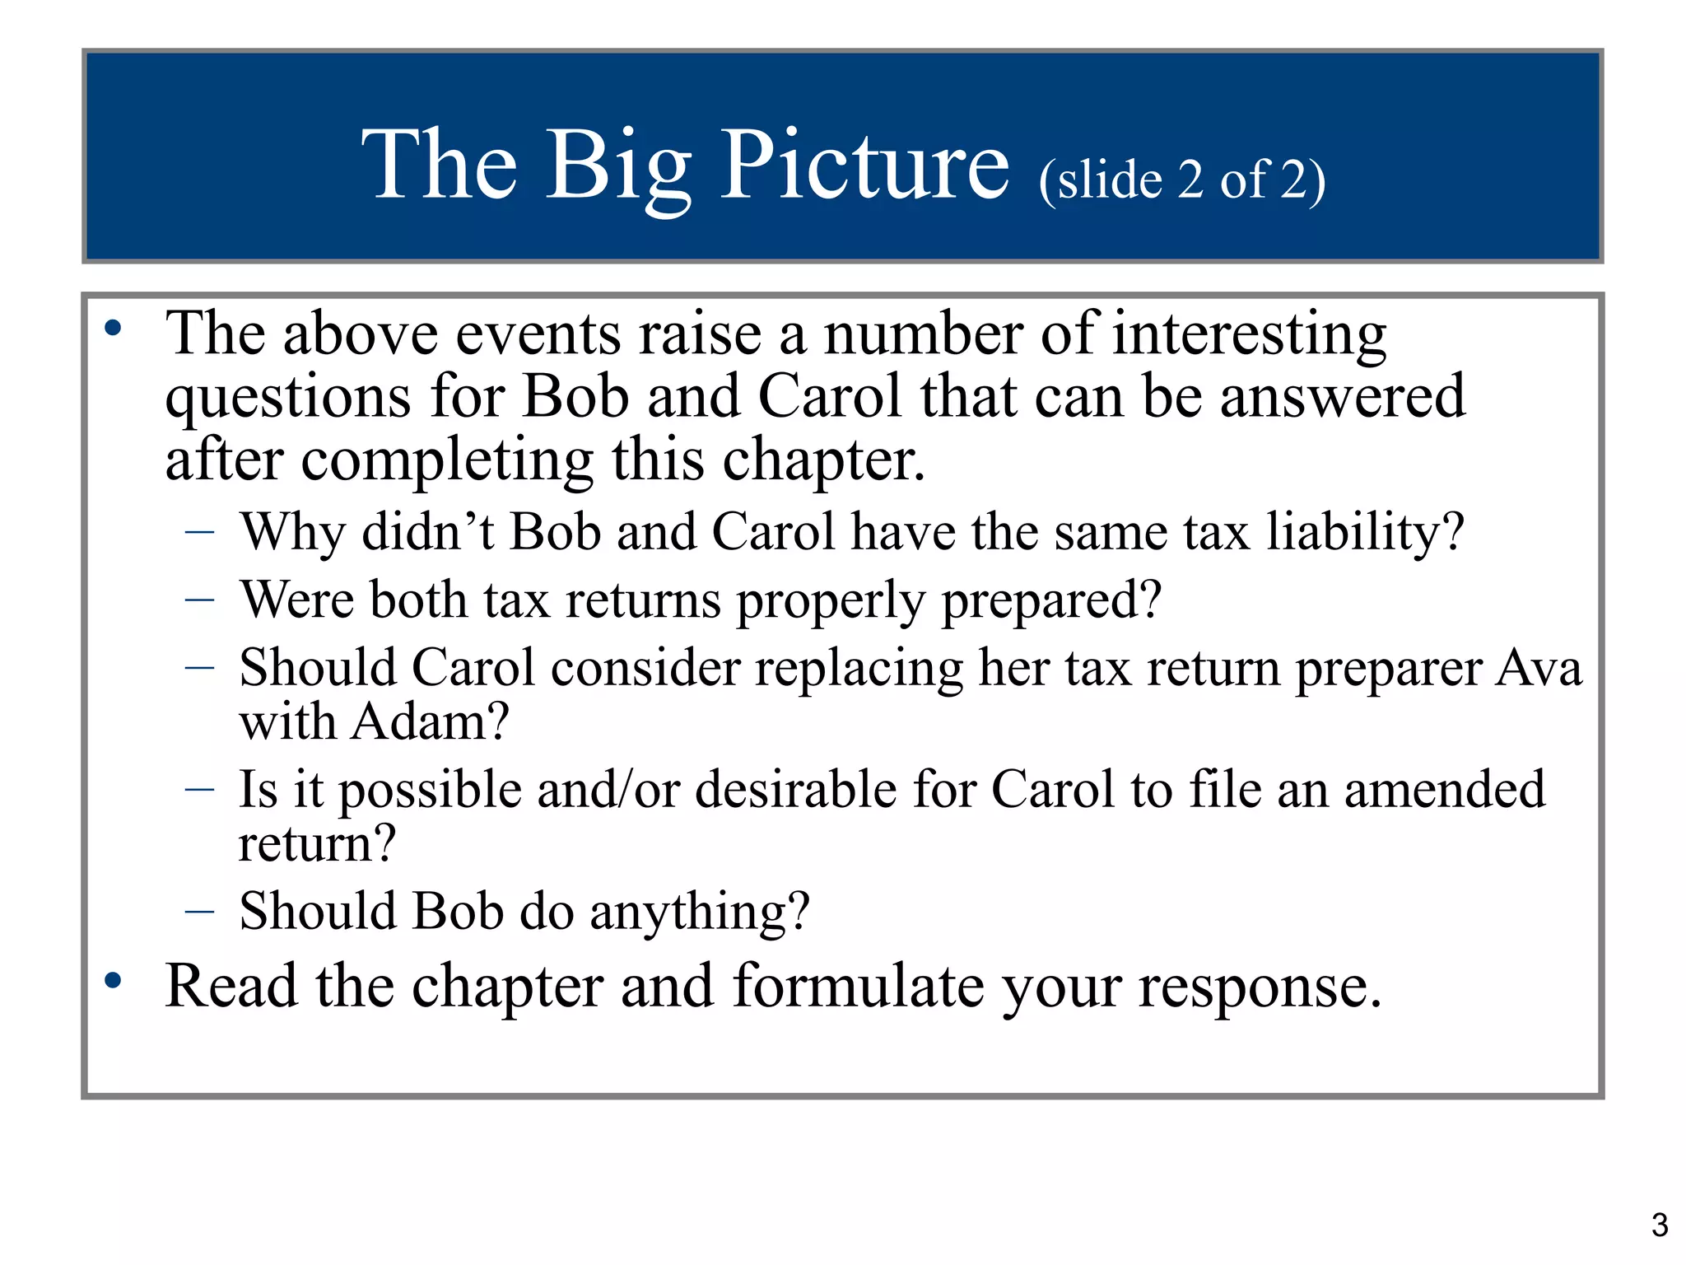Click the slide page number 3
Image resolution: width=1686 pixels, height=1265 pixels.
1660,1225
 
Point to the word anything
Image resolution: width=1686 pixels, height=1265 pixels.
700,912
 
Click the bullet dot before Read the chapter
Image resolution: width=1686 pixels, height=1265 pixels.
113,980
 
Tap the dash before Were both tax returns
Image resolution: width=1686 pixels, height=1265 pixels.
200,600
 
